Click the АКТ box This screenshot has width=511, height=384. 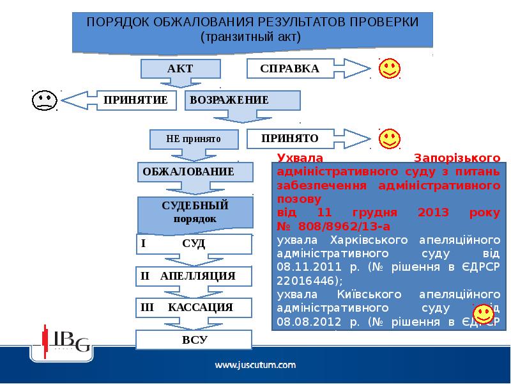click(180, 68)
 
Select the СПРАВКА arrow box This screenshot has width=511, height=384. click(290, 68)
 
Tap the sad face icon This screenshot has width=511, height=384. click(43, 100)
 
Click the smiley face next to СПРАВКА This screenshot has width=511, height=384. click(389, 68)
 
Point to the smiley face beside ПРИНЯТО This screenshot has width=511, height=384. click(389, 138)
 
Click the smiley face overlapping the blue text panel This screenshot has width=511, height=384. click(482, 314)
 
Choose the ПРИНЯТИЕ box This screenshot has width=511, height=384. click(136, 100)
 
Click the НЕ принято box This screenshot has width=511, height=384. click(193, 138)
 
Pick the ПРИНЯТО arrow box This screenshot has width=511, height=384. click(290, 138)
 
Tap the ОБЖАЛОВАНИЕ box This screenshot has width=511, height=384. click(188, 172)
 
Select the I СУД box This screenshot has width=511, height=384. click(194, 244)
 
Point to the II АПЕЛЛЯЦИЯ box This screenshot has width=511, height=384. click(194, 276)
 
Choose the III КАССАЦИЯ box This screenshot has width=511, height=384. click(194, 307)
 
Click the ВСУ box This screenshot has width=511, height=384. click(194, 339)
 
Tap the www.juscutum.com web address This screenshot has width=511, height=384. click(255, 365)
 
